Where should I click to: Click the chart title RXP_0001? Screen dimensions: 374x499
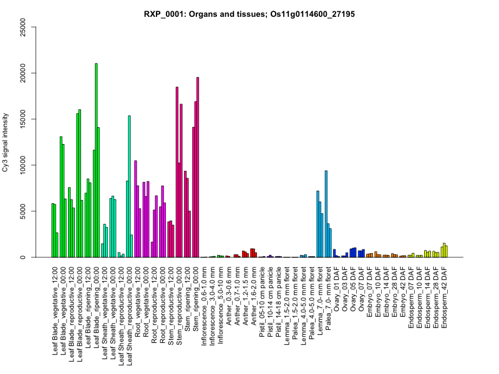tap(249, 14)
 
